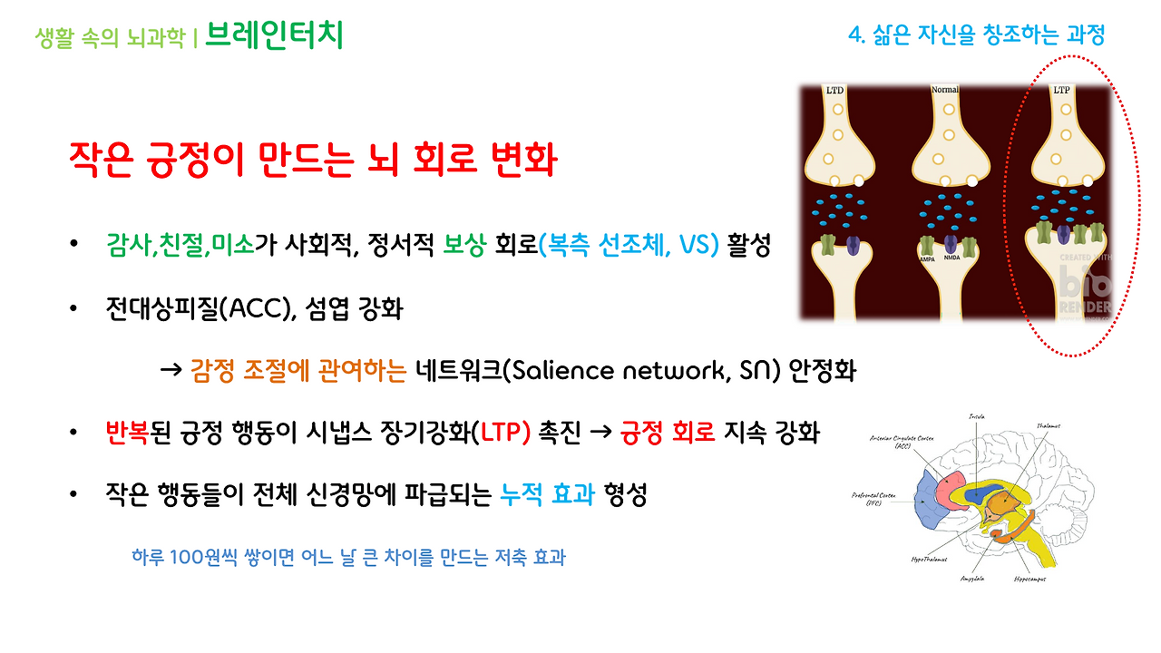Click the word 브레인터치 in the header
[x=274, y=35]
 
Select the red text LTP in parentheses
[x=505, y=434]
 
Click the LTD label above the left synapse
[x=834, y=91]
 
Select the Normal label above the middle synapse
[x=945, y=91]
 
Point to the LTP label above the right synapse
[x=1060, y=91]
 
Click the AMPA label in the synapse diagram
[x=927, y=258]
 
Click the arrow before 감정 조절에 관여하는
[x=171, y=372]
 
